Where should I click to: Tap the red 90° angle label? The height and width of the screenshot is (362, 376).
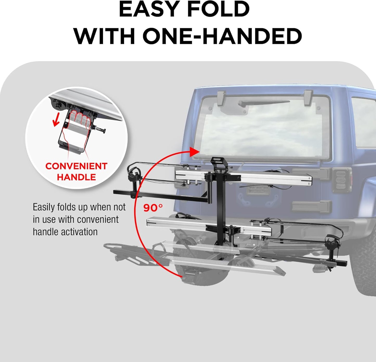click(x=153, y=208)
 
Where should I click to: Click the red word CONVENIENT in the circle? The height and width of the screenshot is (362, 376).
click(x=76, y=166)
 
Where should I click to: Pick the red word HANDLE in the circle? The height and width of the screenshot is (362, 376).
click(x=76, y=177)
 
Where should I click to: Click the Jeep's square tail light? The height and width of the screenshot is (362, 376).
click(x=342, y=179)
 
